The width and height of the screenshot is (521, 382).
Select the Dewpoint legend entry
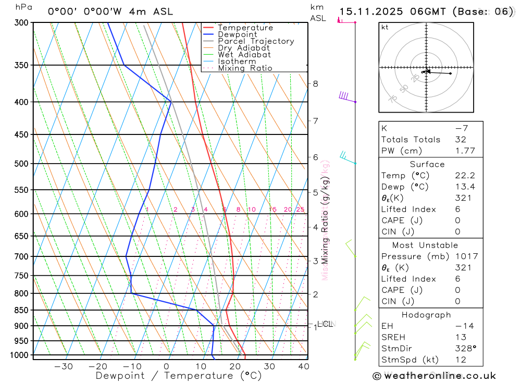238,34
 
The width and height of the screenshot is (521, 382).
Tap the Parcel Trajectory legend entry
256,41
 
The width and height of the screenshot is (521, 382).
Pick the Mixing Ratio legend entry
245,68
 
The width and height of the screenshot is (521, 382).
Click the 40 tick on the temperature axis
303,366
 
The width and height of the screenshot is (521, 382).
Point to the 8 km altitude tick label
315,83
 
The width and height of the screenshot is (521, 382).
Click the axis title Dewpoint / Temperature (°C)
179,375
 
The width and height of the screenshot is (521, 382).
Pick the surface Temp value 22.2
465,176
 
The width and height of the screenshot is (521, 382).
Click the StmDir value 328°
465,349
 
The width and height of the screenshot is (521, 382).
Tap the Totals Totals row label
411,140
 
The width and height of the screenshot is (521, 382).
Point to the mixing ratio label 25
300,210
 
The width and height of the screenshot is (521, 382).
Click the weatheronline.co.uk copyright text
434,376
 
